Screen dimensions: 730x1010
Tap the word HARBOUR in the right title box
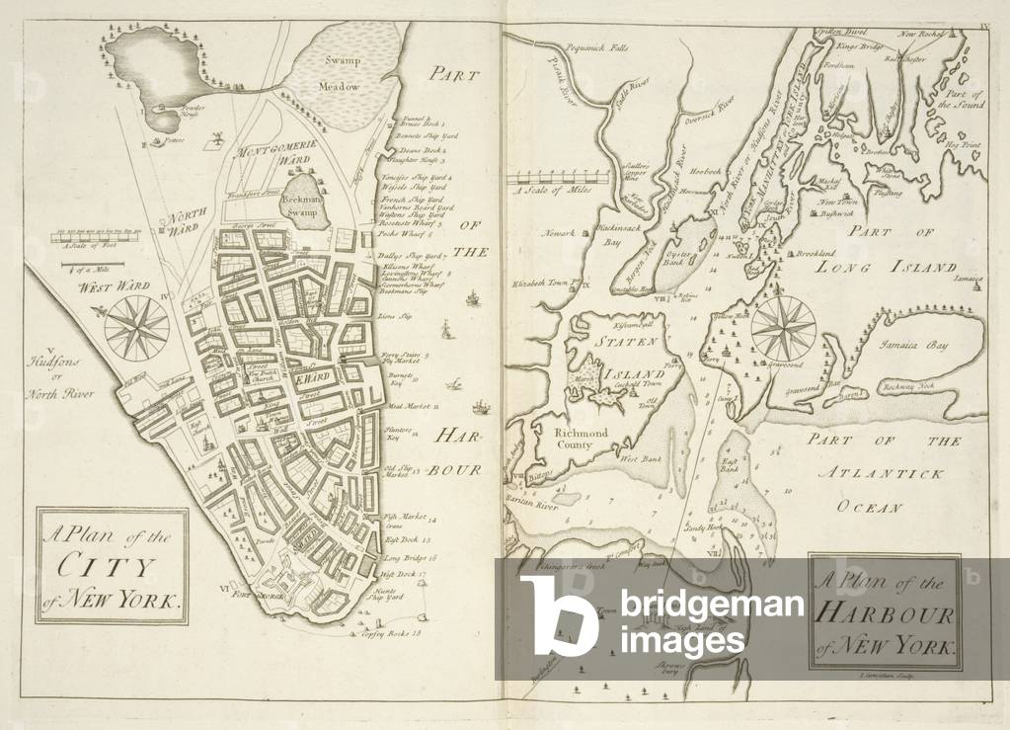[x=885, y=614]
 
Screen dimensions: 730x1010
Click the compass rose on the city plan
[x=135, y=325]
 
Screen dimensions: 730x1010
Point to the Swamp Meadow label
[x=339, y=73]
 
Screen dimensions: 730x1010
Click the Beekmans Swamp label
[x=298, y=203]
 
